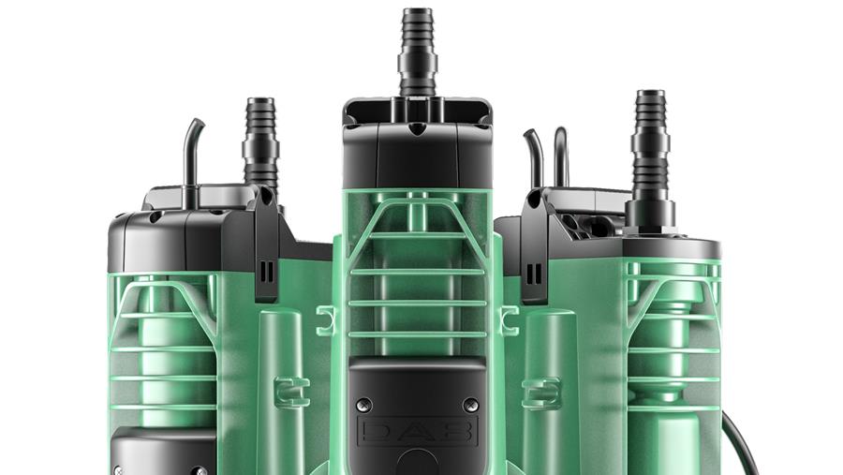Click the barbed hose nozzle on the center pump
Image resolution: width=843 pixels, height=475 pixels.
(417, 52)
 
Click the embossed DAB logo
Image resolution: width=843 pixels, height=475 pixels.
(417, 430)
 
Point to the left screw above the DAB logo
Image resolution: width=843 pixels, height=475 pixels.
(364, 405)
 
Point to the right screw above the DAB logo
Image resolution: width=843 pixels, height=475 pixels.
(471, 405)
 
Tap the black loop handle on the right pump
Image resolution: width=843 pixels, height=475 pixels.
(561, 156)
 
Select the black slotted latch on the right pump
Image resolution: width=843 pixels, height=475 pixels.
(535, 247)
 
